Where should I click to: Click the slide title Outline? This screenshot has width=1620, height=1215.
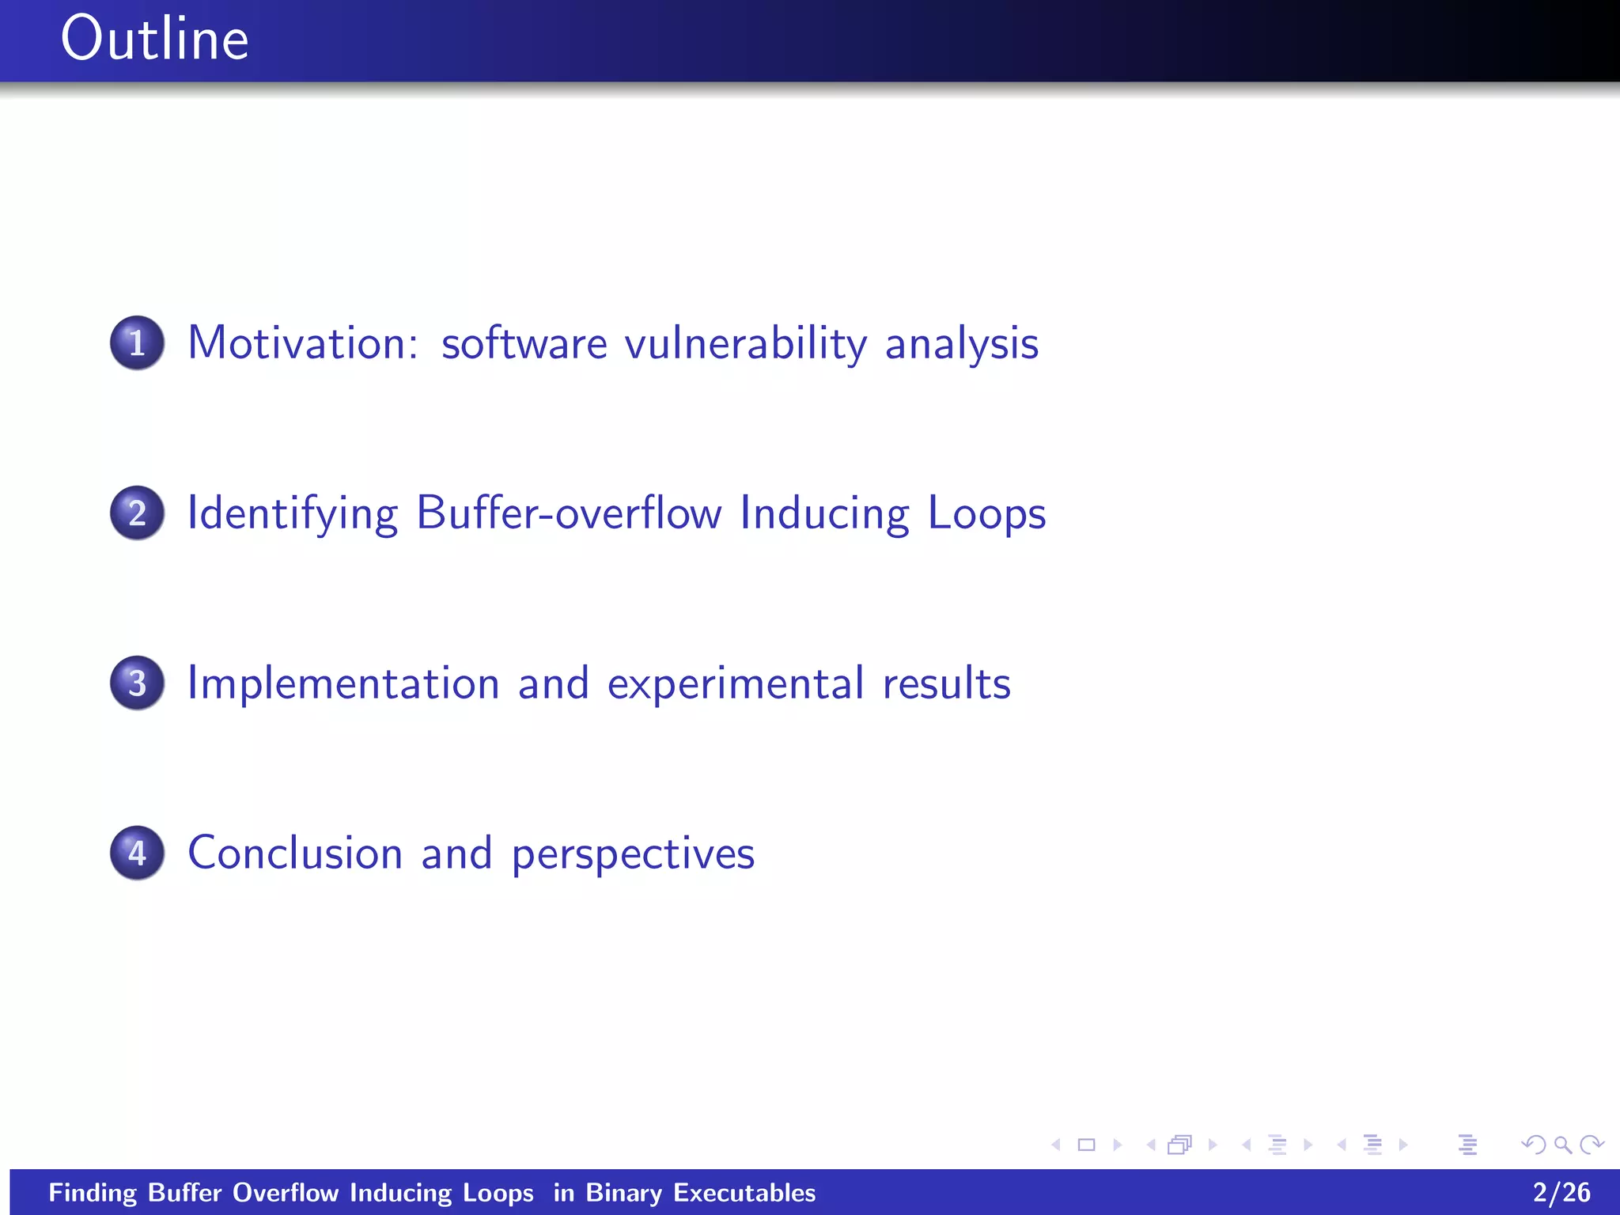click(x=154, y=40)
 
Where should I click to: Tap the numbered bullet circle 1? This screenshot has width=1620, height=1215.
click(x=137, y=343)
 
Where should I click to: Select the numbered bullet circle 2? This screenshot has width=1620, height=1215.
click(x=137, y=513)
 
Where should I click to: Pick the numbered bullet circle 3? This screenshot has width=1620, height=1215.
click(x=137, y=683)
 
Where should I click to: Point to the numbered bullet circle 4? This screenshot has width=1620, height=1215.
click(x=137, y=854)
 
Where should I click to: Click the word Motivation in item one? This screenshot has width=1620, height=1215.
click(x=303, y=343)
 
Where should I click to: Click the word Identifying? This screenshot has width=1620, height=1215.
click(x=292, y=514)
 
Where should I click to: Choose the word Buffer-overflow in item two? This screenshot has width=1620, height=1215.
click(x=569, y=513)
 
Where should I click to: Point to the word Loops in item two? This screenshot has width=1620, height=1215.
click(x=986, y=514)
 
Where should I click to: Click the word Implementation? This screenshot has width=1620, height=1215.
click(x=343, y=683)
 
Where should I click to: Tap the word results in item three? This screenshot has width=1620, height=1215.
click(x=946, y=683)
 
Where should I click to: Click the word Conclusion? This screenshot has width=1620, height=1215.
click(x=295, y=854)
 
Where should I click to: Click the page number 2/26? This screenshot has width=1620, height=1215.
click(x=1561, y=1192)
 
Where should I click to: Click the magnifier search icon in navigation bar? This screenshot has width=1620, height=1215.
click(x=1562, y=1145)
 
